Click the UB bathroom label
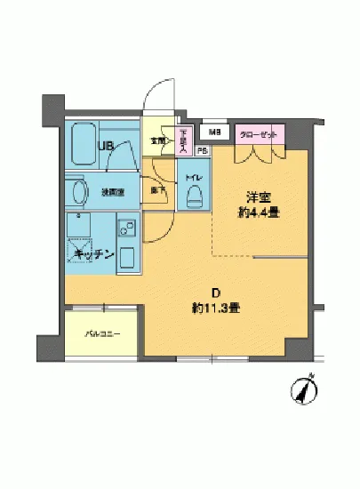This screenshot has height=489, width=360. point(105,147)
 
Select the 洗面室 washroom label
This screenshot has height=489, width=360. point(109,191)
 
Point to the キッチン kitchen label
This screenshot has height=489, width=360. point(93,254)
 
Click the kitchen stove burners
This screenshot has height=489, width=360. point(125,228)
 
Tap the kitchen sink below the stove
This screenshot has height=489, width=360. point(126,259)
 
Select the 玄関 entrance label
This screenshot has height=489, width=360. point(156,140)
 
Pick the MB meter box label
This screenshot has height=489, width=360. point(213,133)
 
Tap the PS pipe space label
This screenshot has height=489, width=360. point(202,150)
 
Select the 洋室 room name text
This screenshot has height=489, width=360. point(258,196)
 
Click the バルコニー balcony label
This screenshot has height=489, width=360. point(100,333)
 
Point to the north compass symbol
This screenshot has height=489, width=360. point(307,388)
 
